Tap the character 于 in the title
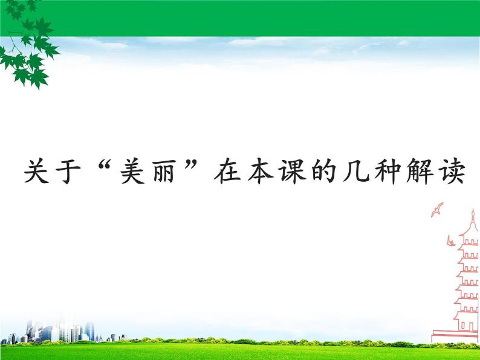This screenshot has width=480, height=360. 71,173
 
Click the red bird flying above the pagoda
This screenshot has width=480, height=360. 436,210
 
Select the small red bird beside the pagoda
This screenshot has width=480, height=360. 450,242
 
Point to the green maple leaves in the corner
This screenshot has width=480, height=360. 27,45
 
